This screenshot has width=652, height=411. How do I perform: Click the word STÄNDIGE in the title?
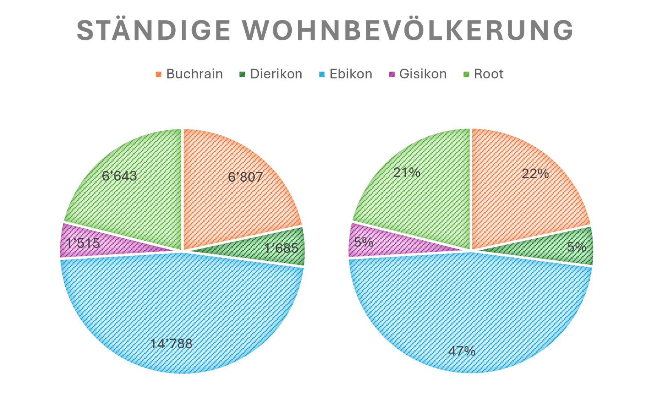coord(154,31)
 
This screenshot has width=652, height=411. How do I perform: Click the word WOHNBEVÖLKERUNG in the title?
coord(407,31)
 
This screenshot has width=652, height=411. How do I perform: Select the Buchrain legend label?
coord(194,74)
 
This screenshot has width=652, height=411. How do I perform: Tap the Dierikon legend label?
coord(276,74)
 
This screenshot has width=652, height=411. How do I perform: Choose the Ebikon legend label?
coord(350,74)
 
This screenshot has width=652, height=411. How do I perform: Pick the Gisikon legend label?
coord(423,74)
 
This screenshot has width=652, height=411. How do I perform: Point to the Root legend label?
coord(489,74)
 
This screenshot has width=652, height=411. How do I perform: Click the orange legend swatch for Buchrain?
coord(159,74)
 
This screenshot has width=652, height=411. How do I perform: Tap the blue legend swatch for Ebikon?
coord(322,74)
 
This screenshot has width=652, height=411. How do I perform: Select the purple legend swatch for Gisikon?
coord(392,74)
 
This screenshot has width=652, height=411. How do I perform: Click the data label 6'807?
coord(245,177)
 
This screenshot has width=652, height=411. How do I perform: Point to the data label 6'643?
coord(119,176)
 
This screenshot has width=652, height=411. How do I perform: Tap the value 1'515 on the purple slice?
coord(83,244)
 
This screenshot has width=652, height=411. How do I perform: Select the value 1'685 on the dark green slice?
coord(281,248)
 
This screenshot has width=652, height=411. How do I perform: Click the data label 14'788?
coord(171,344)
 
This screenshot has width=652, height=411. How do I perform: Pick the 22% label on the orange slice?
coord(535,174)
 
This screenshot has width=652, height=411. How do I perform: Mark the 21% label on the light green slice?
coord(407,173)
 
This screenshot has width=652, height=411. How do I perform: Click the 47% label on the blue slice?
coord(462,351)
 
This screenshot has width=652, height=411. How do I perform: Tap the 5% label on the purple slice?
coord(363,242)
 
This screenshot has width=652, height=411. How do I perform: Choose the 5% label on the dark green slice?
coord(577,247)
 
